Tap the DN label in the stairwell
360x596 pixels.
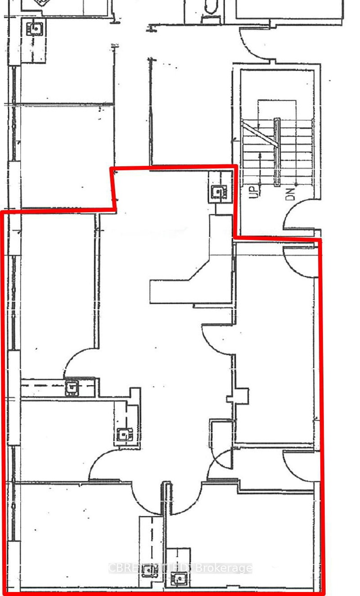291,193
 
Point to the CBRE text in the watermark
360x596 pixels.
121,568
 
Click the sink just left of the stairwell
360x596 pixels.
218,193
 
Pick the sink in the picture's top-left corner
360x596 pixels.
35,28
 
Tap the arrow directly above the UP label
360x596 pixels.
261,166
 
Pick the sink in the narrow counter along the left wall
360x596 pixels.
71,387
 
